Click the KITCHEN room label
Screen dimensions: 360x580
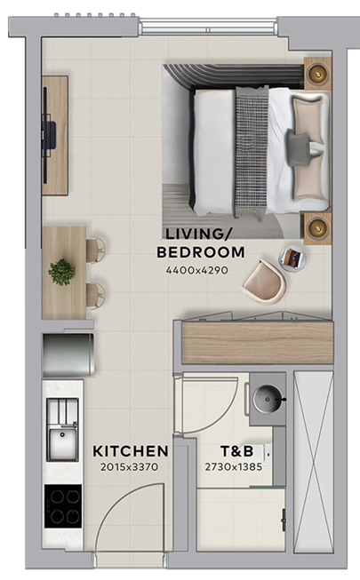coord(131,451)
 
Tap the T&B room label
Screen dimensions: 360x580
coord(237,451)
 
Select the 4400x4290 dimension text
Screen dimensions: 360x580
coord(197,270)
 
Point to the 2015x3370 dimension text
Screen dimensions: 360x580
coord(129,467)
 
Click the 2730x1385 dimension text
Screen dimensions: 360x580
coord(234,467)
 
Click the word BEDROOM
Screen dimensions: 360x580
coord(201,252)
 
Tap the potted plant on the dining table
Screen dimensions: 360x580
coord(61,272)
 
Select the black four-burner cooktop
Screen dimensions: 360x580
coord(63,506)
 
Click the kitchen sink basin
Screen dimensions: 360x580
coord(62,443)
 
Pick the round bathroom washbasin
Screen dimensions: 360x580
coord(267,399)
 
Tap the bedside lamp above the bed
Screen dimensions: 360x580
coord(318,73)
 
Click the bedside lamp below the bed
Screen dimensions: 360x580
coord(318,227)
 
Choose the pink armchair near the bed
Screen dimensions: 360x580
coord(264,282)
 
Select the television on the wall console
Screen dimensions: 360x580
coord(48,135)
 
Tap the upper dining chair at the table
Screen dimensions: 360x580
coord(96,250)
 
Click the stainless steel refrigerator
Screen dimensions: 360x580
coord(69,354)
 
